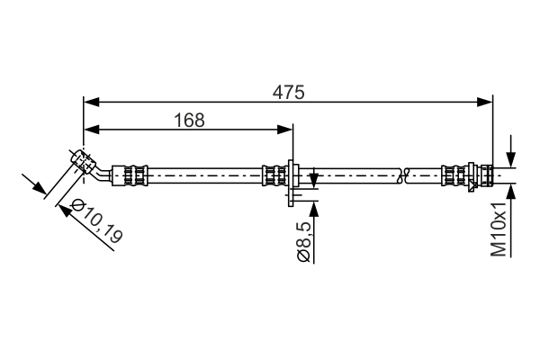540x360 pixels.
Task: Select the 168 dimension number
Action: (188, 120)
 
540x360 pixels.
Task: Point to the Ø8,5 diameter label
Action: (303, 242)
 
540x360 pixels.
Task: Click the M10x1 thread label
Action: (500, 229)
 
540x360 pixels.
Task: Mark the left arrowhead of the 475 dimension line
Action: (89, 101)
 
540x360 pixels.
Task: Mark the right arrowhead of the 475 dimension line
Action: (487, 101)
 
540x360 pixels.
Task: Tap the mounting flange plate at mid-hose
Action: (293, 175)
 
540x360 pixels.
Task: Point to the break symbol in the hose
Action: (402, 173)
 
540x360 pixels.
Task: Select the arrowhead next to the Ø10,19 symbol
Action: (65, 208)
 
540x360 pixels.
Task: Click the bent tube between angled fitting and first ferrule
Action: (105, 170)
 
